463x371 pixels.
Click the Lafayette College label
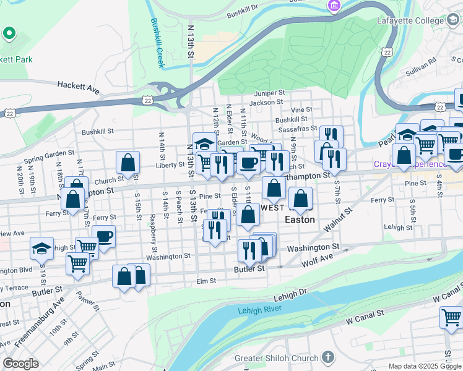tap(411, 20)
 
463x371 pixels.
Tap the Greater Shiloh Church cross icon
tap(328, 358)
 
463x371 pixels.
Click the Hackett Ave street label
tap(79, 87)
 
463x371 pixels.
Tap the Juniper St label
tap(268, 92)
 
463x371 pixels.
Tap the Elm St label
tap(206, 280)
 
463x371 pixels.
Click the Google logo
tap(20, 364)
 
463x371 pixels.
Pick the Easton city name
tap(300, 220)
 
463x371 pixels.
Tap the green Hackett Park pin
tap(9, 34)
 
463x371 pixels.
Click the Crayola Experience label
tap(409, 164)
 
